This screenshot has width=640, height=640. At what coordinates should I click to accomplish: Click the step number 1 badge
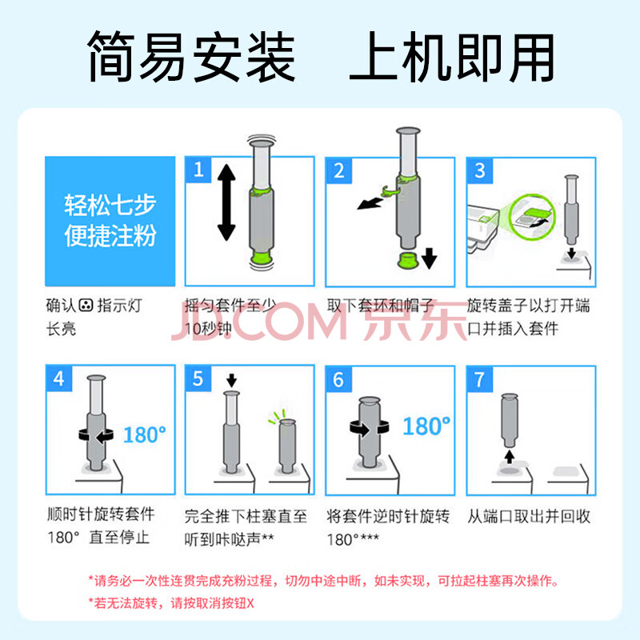pos(198,170)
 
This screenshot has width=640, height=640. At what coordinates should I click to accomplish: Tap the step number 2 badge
pos(338,170)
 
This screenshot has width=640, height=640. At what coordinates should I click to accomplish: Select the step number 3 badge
pos(480,170)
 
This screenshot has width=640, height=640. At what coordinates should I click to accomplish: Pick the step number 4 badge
pos(59,378)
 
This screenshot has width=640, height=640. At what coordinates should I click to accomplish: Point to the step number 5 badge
pos(198,378)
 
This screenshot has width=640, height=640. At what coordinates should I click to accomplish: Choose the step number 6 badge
pos(338,379)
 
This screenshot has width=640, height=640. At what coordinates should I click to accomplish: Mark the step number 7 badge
pos(480,379)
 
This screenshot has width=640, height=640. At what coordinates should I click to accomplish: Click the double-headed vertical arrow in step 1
pos(226,202)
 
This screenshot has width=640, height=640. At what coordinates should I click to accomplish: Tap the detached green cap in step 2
pos(407,260)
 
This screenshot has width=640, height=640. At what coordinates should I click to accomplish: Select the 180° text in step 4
pos(145,434)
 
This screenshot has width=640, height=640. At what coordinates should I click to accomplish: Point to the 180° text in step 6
pos(426,426)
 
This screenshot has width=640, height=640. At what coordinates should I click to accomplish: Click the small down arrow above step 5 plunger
pos(231,380)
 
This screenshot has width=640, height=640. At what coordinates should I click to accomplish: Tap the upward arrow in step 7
pos(509,456)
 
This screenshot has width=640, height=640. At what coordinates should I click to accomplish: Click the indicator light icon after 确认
pos(86,305)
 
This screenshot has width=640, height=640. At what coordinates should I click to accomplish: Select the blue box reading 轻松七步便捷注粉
pos(110,222)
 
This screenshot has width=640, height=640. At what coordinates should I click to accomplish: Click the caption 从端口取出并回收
pos(529,516)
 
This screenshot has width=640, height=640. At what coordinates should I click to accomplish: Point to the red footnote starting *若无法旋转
pos(171,603)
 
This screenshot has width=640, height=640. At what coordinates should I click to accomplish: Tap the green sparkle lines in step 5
pos(277,416)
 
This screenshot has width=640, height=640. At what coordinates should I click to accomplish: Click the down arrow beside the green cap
pos(429,258)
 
